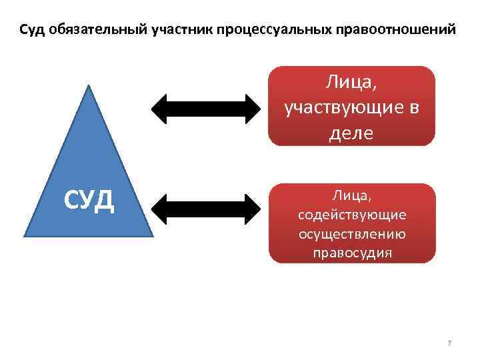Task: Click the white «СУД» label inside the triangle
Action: click(89, 199)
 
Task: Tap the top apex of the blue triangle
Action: click(89, 86)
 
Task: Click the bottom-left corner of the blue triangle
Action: click(25, 235)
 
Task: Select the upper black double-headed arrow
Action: click(208, 108)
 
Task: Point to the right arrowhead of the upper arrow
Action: click(253, 108)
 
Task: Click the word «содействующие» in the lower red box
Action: click(351, 215)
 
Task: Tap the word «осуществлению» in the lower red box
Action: click(351, 234)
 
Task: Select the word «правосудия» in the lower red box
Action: click(351, 253)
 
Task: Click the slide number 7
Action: click(449, 343)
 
